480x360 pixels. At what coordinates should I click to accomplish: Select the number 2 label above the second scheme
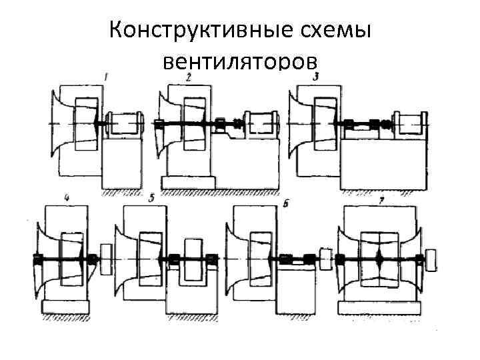tap(189, 78)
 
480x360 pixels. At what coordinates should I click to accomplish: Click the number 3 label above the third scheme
tap(315, 77)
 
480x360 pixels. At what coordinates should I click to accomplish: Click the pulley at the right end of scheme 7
tap(431, 259)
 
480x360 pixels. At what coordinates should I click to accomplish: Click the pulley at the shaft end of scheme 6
tap(326, 258)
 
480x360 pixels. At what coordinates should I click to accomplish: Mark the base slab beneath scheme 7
tap(379, 308)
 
